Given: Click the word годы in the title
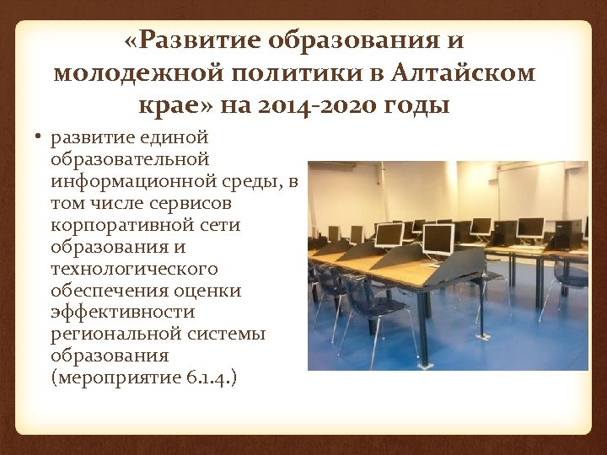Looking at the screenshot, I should [x=419, y=107].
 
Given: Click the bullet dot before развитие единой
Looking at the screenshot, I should [x=40, y=137].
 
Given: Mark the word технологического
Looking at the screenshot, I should [x=133, y=268].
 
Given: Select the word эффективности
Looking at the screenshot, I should [x=122, y=312].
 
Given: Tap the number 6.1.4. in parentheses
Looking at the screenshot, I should [x=209, y=377].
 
